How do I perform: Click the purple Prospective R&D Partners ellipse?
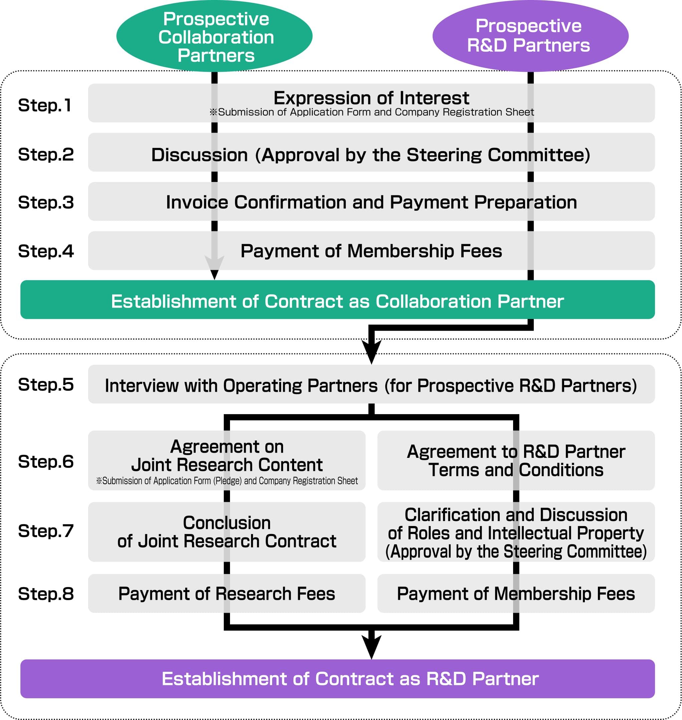(x=530, y=36)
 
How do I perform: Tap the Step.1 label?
(x=45, y=105)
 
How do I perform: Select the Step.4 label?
(x=46, y=251)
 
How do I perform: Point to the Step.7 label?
(x=46, y=531)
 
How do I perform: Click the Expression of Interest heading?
(x=371, y=98)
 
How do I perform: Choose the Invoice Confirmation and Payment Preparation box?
(x=371, y=202)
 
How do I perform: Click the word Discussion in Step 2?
(x=199, y=155)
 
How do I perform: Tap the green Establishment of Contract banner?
(x=337, y=301)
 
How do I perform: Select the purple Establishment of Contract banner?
(x=337, y=679)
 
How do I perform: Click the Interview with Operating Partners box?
(x=371, y=385)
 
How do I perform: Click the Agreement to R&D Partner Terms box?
(x=516, y=461)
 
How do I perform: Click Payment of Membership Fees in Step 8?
(x=516, y=593)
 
